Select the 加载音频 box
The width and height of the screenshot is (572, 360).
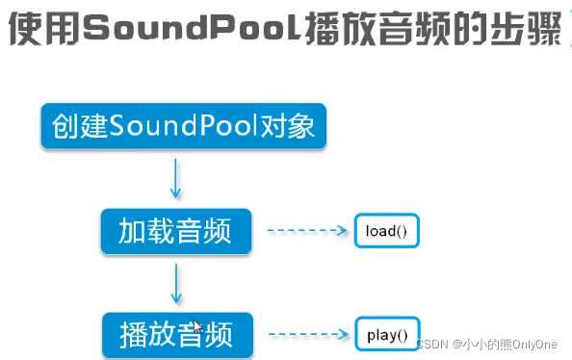click(x=176, y=231)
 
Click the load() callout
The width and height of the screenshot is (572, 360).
click(x=388, y=231)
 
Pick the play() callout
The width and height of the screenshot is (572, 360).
click(x=388, y=335)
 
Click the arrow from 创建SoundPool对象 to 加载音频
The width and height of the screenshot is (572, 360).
click(x=176, y=179)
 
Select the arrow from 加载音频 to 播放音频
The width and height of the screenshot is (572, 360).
click(x=176, y=283)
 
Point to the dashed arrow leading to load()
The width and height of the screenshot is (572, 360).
click(x=305, y=231)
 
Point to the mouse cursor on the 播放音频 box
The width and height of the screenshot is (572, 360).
click(x=197, y=327)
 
